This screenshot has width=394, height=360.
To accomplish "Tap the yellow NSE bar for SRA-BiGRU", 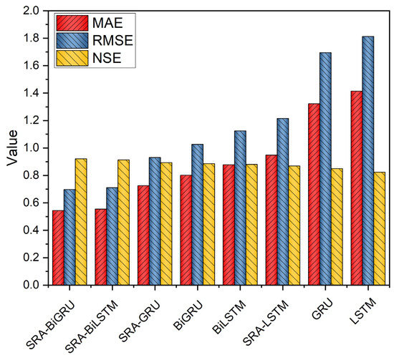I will point(81,221).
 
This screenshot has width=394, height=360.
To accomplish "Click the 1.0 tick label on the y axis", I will point(28,148).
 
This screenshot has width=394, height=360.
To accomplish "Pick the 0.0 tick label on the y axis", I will point(28,285).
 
